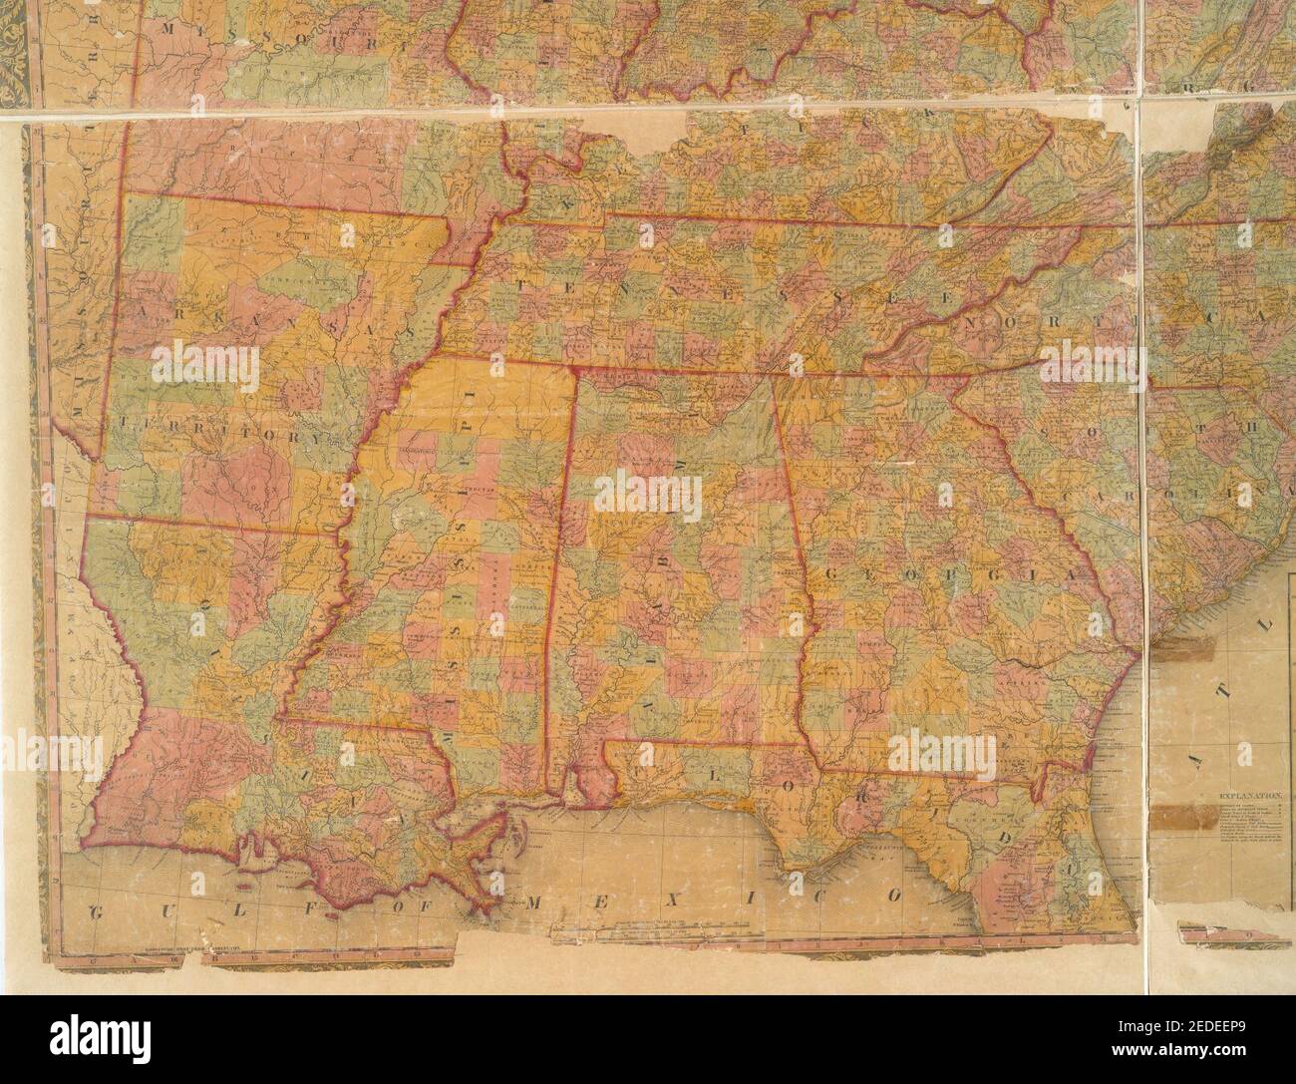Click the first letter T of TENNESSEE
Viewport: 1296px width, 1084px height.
(520, 284)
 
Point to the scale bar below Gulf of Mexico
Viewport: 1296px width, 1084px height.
(658, 935)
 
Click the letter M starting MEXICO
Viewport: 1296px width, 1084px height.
(534, 903)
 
